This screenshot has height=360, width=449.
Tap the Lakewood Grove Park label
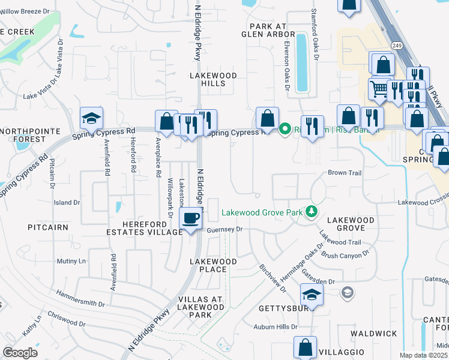262,212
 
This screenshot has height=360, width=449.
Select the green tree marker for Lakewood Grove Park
311,211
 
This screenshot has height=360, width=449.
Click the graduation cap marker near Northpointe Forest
91,119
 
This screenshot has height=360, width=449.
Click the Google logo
20,353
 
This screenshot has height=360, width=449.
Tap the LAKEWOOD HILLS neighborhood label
213,80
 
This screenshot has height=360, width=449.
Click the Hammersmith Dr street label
80,296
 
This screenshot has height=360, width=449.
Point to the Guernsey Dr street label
224,229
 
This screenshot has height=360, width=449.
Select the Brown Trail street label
344,173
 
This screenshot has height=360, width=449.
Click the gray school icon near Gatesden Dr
346,292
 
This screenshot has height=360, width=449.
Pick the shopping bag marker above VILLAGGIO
305,347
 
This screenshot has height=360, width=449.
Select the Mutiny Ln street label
71,262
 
